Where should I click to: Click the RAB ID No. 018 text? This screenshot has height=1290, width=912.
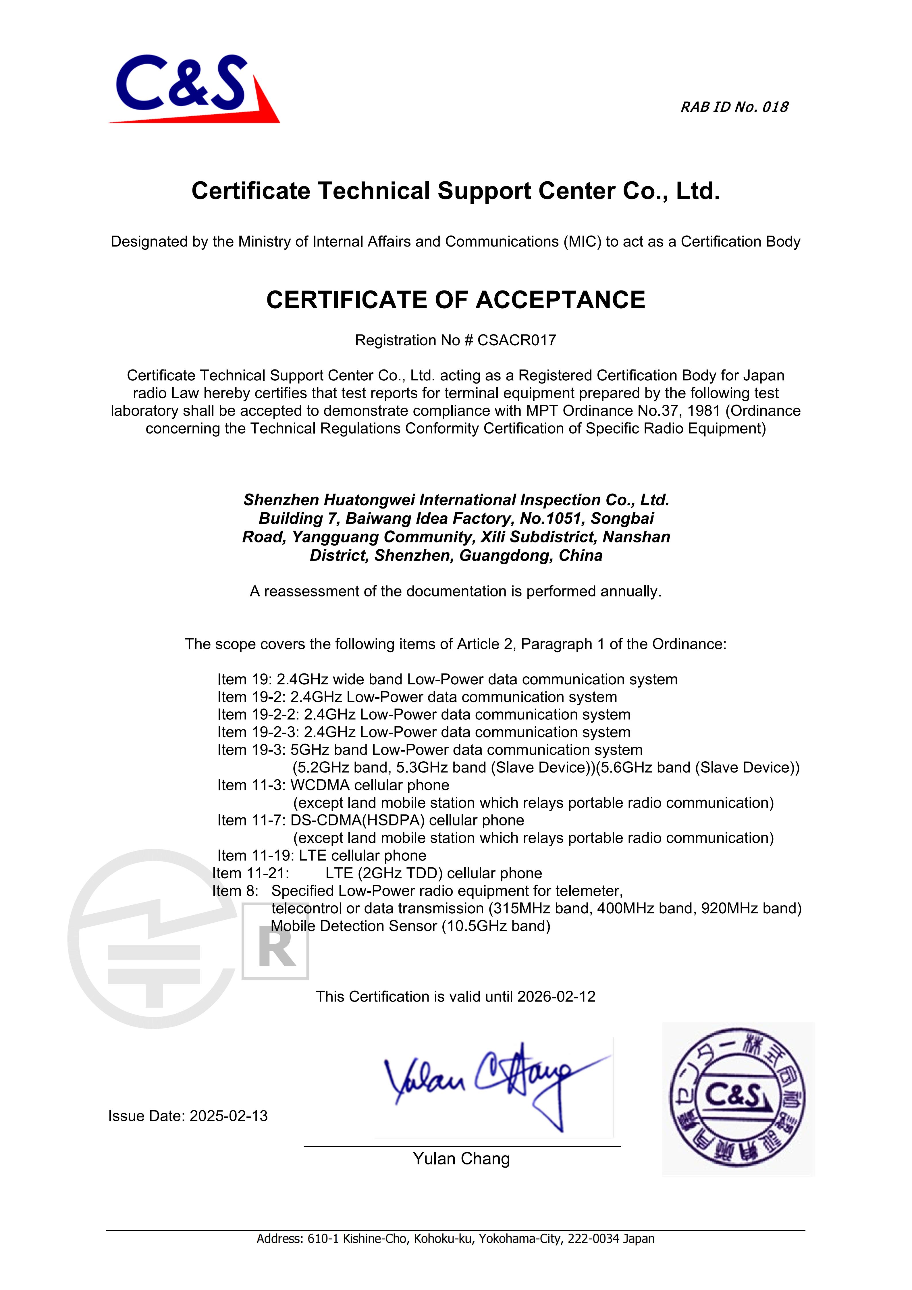pos(734,107)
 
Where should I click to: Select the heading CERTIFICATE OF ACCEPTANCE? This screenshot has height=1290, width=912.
pos(456,300)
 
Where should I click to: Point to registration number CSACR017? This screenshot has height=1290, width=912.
pos(517,340)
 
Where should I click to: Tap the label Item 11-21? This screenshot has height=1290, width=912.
pos(250,873)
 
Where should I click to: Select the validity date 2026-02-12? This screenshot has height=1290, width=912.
pos(556,997)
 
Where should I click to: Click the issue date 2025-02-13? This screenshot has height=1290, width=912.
pos(229,1116)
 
